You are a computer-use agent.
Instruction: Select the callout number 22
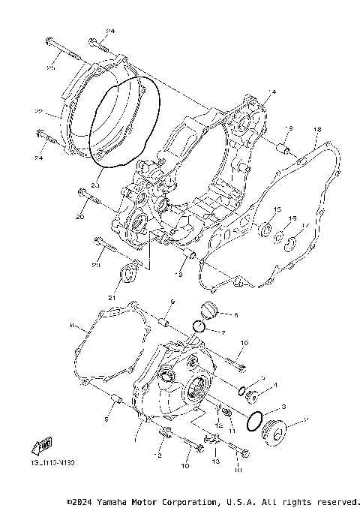[x=58, y=112]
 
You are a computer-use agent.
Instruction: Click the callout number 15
[x=277, y=210]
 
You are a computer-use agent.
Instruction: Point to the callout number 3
[x=283, y=406]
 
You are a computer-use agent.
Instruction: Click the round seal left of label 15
[x=264, y=228]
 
